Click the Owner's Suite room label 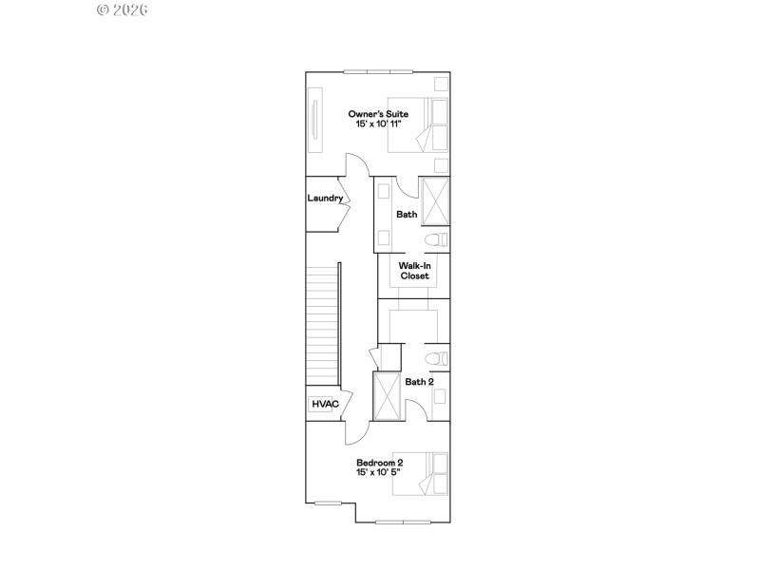pyautogui.click(x=378, y=114)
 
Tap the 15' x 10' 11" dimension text pyautogui.click(x=378, y=124)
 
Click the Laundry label pyautogui.click(x=325, y=199)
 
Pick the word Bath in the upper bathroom pyautogui.click(x=407, y=215)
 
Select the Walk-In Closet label pyautogui.click(x=414, y=271)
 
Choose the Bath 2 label pyautogui.click(x=419, y=382)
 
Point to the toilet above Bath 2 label pyautogui.click(x=436, y=358)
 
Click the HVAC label pyautogui.click(x=325, y=405)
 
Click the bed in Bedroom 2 pyautogui.click(x=431, y=473)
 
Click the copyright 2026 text pyautogui.click(x=123, y=9)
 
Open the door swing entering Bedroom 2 pyautogui.click(x=353, y=432)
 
